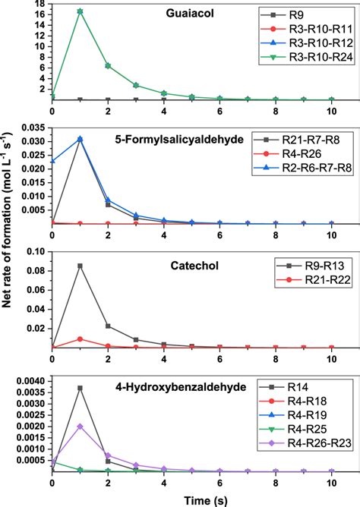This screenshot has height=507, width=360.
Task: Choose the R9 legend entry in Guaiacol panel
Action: click(x=296, y=15)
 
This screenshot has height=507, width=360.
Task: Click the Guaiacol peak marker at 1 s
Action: click(x=80, y=11)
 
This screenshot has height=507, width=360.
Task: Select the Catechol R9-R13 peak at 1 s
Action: click(x=80, y=266)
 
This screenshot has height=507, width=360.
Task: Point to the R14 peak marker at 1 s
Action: click(x=80, y=388)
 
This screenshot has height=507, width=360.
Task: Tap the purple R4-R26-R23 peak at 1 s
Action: click(x=80, y=426)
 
